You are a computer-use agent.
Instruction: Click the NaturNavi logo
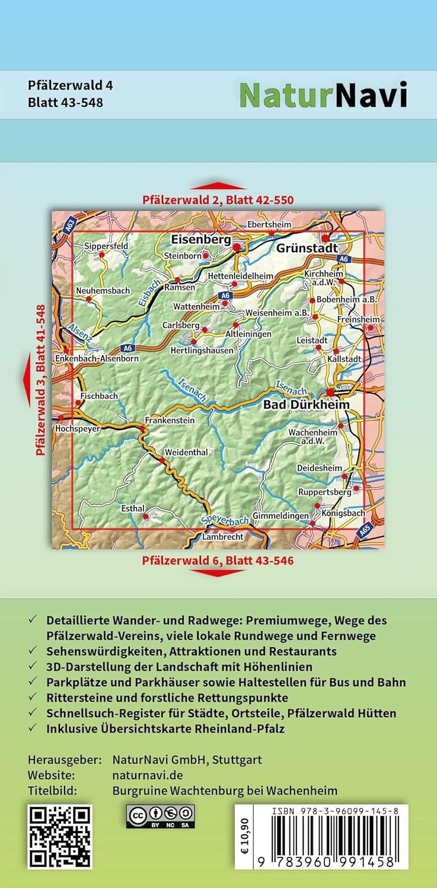(x=323, y=95)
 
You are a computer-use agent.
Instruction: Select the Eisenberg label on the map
(x=200, y=239)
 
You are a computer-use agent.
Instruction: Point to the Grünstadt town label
(x=307, y=249)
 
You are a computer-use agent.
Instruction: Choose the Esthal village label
(x=133, y=508)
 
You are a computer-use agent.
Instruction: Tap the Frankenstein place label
(x=170, y=421)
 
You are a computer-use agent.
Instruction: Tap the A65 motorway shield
(x=368, y=533)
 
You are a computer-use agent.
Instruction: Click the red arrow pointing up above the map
(x=218, y=186)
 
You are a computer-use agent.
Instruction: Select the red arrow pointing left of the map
(x=26, y=380)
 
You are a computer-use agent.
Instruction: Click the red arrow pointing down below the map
(x=218, y=572)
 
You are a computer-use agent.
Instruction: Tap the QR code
(x=60, y=836)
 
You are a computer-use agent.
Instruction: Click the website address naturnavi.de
(x=147, y=775)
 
